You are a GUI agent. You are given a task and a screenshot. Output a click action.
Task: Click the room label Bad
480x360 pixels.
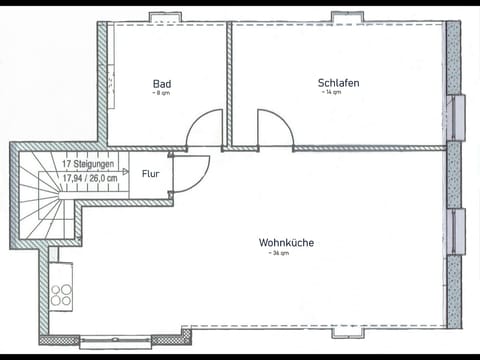point(162,83)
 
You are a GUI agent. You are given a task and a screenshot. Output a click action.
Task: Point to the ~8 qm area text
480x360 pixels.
point(161,93)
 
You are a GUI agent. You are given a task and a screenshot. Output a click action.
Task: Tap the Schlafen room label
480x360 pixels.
point(338,83)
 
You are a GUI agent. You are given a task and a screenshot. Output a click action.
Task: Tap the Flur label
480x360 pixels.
point(150,173)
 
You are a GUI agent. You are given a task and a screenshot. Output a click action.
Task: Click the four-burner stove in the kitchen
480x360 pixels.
point(61,295)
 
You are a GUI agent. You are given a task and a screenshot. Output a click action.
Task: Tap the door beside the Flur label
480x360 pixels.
point(190,173)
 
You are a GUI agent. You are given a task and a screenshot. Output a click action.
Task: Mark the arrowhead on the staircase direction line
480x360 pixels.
point(125,171)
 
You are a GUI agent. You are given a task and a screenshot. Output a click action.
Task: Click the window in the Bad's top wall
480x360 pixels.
point(163,17)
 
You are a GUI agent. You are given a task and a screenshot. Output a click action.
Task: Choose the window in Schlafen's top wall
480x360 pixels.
point(346,17)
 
